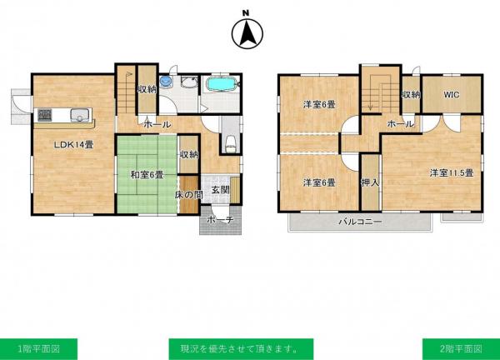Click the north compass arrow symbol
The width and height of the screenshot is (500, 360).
point(247,33)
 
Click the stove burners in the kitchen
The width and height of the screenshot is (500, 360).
point(45,115)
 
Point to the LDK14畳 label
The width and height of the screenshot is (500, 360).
point(73,145)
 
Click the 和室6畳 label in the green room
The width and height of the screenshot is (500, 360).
point(147,175)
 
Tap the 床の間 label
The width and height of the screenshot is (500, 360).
point(189,194)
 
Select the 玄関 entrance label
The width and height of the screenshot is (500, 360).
point(220,190)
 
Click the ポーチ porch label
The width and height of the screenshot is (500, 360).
point(220,220)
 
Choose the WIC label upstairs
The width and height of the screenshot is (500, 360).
point(452,94)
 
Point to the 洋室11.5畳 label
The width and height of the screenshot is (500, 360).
point(451,173)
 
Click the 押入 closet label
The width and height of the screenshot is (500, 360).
point(370,182)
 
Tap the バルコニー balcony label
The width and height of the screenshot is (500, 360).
point(360,222)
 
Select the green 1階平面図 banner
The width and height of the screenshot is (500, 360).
point(38,349)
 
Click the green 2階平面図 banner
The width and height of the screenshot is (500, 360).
point(461,349)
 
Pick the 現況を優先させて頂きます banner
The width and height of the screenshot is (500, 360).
point(241,349)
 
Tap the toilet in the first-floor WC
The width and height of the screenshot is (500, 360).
point(230,143)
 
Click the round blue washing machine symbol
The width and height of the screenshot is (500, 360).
point(166,82)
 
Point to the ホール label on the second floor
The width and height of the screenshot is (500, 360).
point(401,123)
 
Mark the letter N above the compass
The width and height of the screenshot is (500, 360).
point(246,13)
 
